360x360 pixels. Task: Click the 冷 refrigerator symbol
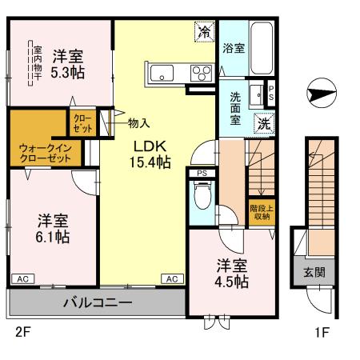205,32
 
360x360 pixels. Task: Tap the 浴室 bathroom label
234,47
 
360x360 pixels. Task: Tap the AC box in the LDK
171,278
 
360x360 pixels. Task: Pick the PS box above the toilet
199,171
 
